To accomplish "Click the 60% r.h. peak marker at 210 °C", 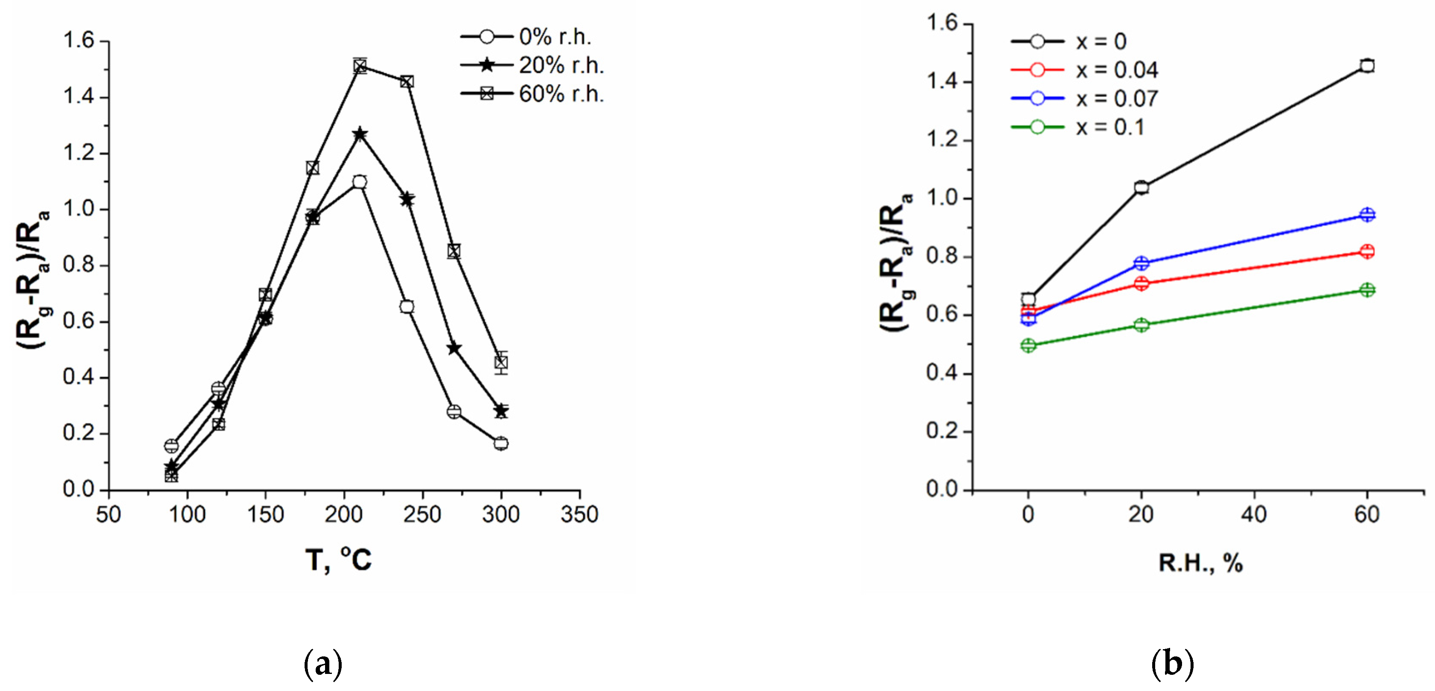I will (360, 66).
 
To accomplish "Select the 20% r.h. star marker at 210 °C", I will (360, 134).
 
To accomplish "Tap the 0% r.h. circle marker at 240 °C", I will (407, 306).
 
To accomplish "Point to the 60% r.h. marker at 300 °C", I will (501, 363).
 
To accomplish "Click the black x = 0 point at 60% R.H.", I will (1366, 66).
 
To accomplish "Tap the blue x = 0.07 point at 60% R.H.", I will (1366, 215).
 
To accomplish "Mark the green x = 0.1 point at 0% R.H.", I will (1028, 346).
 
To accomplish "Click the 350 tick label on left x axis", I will (579, 514).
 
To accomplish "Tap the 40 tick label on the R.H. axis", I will (1254, 514).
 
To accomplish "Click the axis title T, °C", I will (338, 560).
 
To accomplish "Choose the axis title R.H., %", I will (1200, 563).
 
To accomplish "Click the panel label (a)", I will (323, 663).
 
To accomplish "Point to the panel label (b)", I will (1172, 663).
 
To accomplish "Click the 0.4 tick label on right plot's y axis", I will (941, 373).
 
